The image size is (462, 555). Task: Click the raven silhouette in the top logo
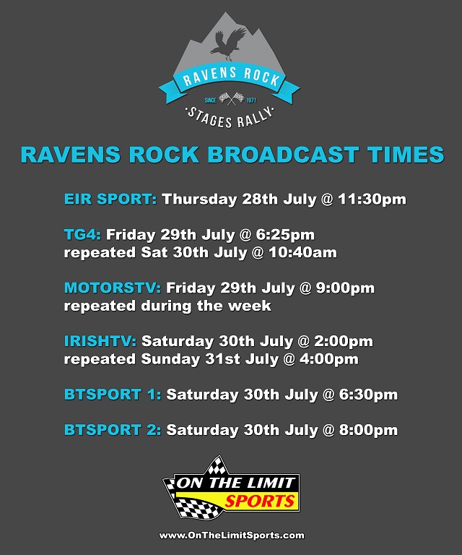pyautogui.click(x=228, y=43)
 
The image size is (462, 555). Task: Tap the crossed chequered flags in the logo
pyautogui.click(x=232, y=99)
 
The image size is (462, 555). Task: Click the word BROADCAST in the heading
pyautogui.click(x=283, y=155)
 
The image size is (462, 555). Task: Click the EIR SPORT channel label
pyautogui.click(x=110, y=199)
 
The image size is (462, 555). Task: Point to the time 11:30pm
pyautogui.click(x=372, y=199)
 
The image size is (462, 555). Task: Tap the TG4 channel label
pyautogui.click(x=82, y=235)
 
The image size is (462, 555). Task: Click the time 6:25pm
pyautogui.click(x=286, y=235)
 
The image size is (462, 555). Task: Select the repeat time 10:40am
pyautogui.click(x=303, y=253)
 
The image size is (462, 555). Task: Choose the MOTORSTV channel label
pyautogui.click(x=113, y=288)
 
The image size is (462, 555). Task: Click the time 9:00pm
pyautogui.click(x=345, y=288)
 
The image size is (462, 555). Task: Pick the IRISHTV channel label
pyautogui.click(x=100, y=341)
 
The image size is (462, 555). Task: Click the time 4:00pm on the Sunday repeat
pyautogui.click(x=329, y=359)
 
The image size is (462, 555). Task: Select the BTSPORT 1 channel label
pyautogui.click(x=113, y=395)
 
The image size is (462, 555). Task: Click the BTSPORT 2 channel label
pyautogui.click(x=113, y=430)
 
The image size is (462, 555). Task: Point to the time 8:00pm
pyautogui.click(x=368, y=431)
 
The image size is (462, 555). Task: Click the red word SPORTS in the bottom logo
pyautogui.click(x=260, y=502)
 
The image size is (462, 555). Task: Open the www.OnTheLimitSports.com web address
pyautogui.click(x=232, y=535)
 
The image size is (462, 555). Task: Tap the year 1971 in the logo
pyautogui.click(x=251, y=100)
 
